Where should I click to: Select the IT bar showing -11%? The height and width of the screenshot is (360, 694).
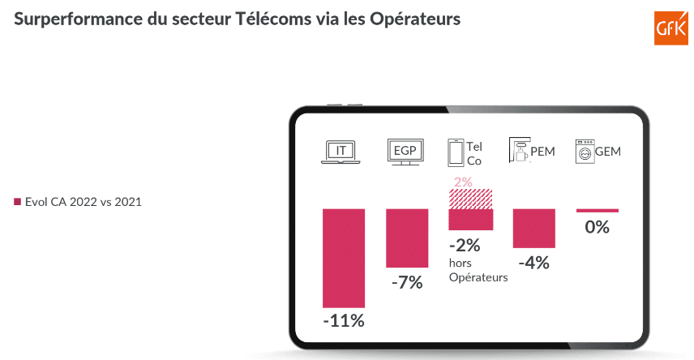click(x=344, y=257)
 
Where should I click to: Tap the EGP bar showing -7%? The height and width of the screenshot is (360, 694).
click(x=406, y=238)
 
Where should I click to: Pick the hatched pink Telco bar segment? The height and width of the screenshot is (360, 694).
click(x=471, y=199)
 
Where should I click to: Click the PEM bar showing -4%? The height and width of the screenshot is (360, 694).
click(x=533, y=228)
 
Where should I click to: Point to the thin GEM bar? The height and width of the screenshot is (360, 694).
click(x=597, y=211)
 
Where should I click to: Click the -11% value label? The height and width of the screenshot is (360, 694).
click(x=344, y=320)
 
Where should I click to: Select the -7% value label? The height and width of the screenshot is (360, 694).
click(x=406, y=282)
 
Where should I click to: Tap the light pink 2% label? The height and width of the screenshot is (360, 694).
click(x=463, y=182)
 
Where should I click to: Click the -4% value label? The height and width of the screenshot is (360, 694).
click(x=533, y=263)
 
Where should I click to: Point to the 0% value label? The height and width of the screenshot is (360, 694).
click(x=597, y=227)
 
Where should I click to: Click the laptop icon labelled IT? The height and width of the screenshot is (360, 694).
click(x=341, y=152)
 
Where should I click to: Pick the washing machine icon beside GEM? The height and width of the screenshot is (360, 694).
click(x=583, y=152)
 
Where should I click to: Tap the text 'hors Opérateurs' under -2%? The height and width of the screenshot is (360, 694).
click(x=478, y=270)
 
